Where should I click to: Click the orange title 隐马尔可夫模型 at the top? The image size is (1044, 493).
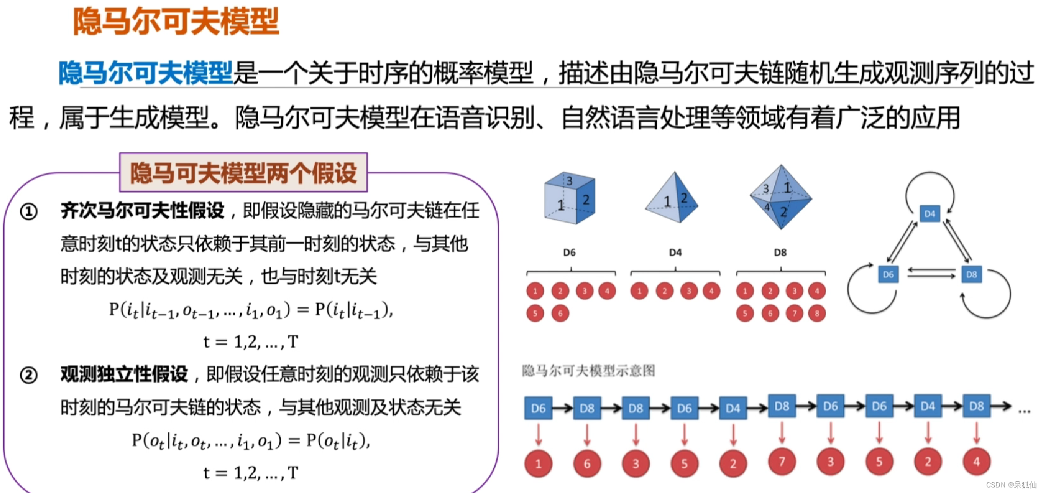pos(176,21)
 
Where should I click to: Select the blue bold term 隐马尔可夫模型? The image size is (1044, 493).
pos(146,73)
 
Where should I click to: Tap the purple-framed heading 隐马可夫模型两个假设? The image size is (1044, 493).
pos(243,173)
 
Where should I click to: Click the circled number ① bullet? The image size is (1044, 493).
pos(29,212)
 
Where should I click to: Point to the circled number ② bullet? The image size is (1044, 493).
pos(29,375)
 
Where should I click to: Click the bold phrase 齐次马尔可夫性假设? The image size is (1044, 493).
pos(142,211)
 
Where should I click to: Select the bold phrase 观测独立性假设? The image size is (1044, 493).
pos(124,374)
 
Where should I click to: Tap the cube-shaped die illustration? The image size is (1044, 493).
pos(570,198)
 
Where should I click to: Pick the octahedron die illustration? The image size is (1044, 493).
pos(780,197)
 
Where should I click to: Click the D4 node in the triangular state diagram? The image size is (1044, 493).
pos(929,214)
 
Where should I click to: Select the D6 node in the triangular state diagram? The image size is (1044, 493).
pos(888,274)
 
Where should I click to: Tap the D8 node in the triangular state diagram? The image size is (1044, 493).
pos(971,274)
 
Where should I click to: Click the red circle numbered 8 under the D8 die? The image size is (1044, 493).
pos(816,314)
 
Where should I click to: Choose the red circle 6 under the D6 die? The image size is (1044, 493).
pos(560,314)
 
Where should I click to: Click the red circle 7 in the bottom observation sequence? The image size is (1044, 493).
pos(781,462)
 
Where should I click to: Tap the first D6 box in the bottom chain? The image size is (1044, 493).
pos(538,408)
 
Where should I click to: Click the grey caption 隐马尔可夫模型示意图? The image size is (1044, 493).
pos(588,371)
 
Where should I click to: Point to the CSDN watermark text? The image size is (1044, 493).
pos(1011,485)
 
